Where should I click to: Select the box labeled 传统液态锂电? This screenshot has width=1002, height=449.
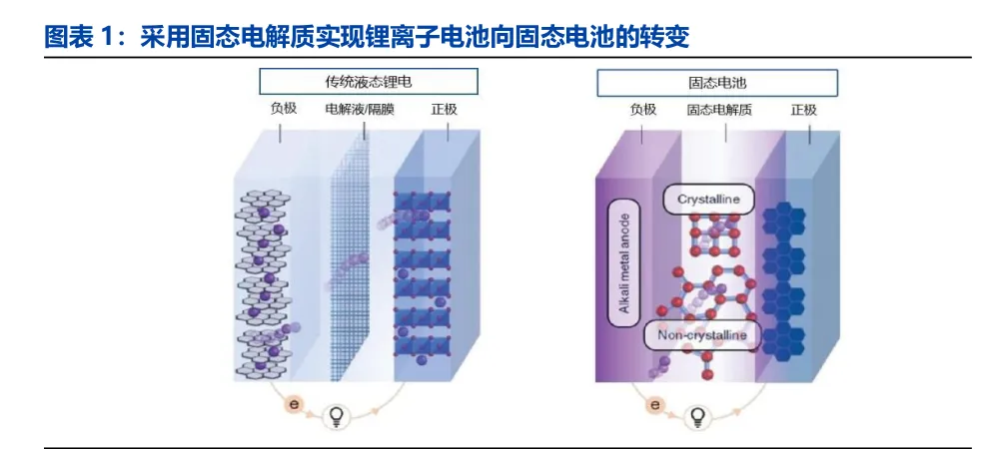pos(369,82)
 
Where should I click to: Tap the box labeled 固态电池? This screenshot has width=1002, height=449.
pos(716,82)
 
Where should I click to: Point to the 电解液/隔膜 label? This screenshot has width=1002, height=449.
pos(360,109)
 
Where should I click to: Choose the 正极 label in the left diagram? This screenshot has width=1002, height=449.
pos(443,109)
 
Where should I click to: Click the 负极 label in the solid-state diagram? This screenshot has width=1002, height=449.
pos(643,109)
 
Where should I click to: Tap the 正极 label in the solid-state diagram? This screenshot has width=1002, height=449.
pos(803,109)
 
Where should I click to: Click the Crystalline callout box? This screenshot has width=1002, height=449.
pos(708,200)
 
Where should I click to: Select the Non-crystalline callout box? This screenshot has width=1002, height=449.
pos(701,335)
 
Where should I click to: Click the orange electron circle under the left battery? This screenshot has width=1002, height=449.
pos(294,404)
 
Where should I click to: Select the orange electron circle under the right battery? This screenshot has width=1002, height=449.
pos(654,404)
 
